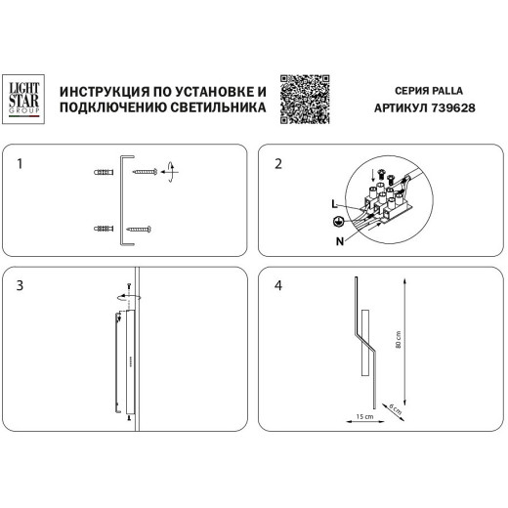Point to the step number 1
click(21, 164)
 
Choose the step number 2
click(277, 164)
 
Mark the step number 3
click(21, 285)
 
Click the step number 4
click(277, 285)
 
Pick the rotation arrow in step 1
click(170, 173)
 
